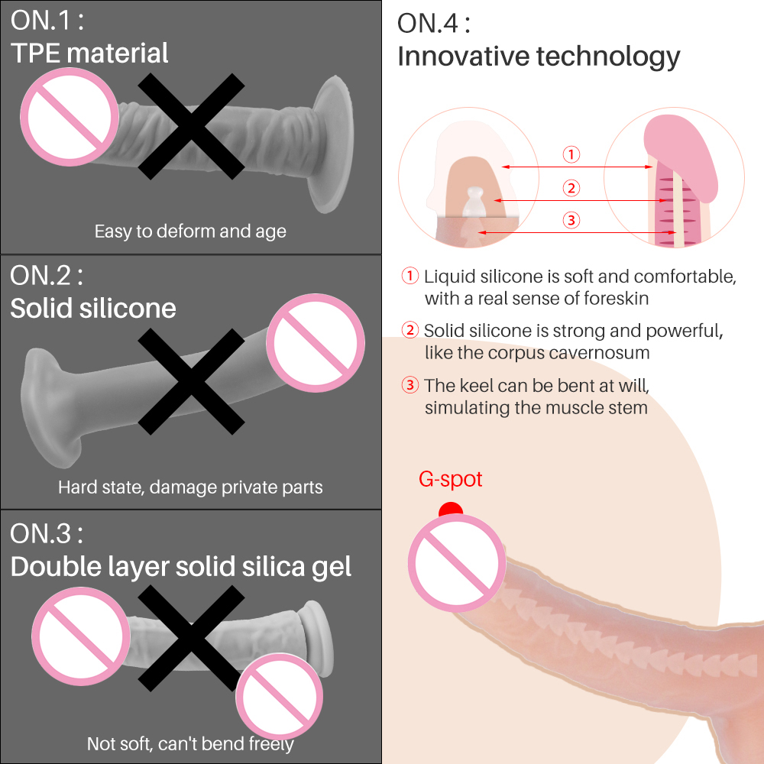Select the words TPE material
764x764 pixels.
pos(89,53)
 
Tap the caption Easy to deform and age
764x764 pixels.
pos(190,231)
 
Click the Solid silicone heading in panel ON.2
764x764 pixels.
pos(93,308)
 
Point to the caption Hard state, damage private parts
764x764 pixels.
pos(190,487)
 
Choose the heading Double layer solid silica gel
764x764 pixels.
pos(181,566)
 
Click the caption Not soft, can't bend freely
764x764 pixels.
pos(190,743)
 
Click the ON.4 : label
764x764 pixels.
pos(433,23)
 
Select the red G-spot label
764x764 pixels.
pos(451,480)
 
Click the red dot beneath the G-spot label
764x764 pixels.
pos(451,510)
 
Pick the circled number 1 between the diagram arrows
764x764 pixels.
pos(571,155)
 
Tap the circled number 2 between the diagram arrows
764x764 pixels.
pos(571,188)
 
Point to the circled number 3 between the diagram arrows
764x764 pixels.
pos(571,221)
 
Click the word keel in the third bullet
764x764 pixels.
pos(476,385)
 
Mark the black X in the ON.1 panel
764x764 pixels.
pos(191,126)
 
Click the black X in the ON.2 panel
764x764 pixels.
pos(191,380)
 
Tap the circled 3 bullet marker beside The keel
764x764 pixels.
pos(411,385)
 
